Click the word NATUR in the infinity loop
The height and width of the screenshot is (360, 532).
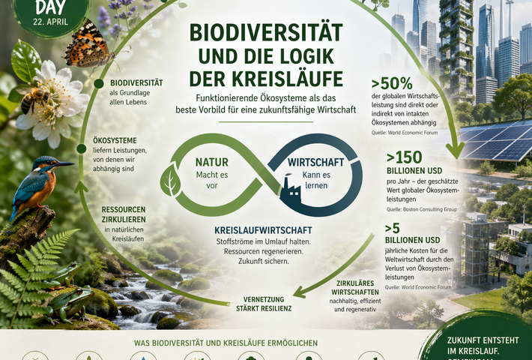[212, 161]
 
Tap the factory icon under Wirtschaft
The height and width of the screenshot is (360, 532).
[291, 193]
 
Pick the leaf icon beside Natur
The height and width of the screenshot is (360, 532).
[172, 181]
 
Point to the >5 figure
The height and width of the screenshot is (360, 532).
[393, 228]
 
